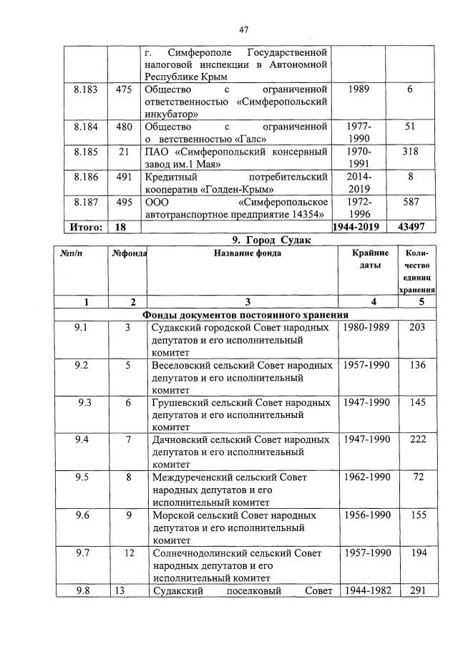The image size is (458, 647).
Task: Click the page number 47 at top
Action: (243, 29)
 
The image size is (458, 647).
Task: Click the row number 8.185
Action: (87, 152)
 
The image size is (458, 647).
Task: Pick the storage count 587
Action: (410, 203)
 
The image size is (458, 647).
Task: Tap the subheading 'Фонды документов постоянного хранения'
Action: (245, 314)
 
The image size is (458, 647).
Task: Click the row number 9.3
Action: (85, 402)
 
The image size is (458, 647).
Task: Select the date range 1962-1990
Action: (366, 477)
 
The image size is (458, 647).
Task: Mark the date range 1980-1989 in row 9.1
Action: (366, 328)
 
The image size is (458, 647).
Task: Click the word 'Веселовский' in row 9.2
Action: (180, 365)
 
